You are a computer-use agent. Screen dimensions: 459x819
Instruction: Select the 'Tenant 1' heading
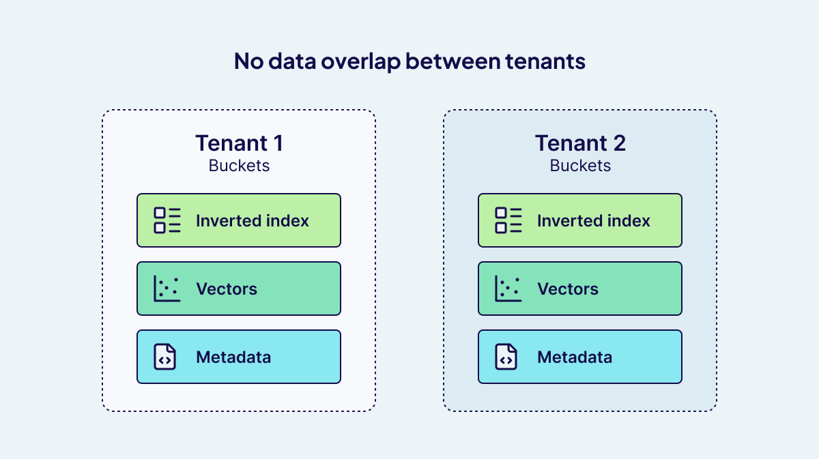[x=239, y=143]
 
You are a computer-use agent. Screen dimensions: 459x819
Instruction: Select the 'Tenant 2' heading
[x=580, y=143]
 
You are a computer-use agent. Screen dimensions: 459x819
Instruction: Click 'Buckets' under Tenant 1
[x=239, y=166]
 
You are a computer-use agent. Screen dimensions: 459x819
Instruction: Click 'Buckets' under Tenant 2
[x=580, y=166]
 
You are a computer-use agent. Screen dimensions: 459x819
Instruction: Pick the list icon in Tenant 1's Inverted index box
[x=167, y=220]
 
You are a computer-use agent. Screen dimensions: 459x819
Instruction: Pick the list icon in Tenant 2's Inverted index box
[x=508, y=220]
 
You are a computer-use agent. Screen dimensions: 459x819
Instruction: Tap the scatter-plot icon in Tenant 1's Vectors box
[x=167, y=288]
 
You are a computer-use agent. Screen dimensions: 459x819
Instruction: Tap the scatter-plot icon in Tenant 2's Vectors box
[x=508, y=288]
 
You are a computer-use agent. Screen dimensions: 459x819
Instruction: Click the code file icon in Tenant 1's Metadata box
[x=165, y=357]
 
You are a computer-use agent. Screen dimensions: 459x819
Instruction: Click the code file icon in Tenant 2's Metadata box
[x=506, y=357]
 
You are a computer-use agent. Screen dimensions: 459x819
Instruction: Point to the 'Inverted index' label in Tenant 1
[x=253, y=221]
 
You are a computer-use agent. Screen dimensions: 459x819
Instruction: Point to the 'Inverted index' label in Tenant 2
[x=594, y=221]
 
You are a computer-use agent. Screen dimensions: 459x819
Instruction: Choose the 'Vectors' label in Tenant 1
[x=227, y=289]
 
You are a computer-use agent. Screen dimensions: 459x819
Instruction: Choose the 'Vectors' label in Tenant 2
[x=568, y=289]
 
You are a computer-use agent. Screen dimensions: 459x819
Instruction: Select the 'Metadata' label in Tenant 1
[x=233, y=357]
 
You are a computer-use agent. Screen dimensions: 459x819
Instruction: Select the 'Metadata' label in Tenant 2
[x=575, y=357]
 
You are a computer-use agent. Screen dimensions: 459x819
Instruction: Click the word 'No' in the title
[x=248, y=61]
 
